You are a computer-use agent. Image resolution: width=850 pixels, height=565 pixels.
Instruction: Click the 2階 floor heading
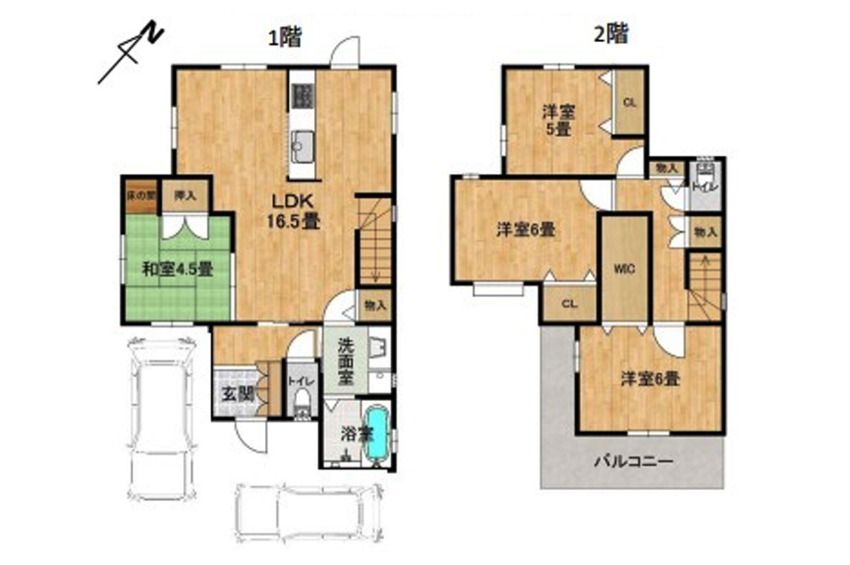(610, 34)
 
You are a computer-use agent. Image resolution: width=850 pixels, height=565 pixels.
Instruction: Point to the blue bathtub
(377, 433)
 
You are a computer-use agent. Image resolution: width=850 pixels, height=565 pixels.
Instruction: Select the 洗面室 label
(345, 362)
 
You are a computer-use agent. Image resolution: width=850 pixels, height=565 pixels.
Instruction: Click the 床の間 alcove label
(141, 195)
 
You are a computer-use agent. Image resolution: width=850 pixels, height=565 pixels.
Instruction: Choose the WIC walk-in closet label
(624, 269)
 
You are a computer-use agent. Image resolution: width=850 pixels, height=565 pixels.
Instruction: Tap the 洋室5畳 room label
(557, 121)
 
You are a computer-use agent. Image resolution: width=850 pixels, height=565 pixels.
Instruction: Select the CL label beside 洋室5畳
(630, 102)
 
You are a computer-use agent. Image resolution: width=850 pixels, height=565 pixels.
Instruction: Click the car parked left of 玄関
(161, 419)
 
